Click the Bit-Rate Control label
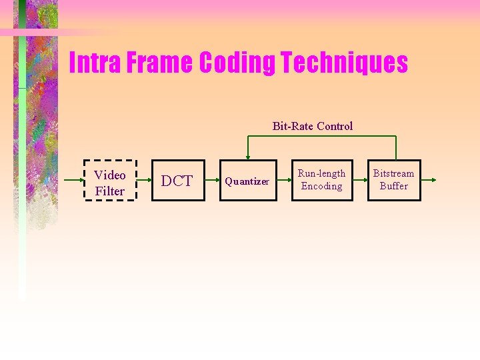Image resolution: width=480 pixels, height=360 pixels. [313, 126]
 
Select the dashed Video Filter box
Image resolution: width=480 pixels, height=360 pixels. [110, 180]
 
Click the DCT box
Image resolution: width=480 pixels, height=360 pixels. [177, 181]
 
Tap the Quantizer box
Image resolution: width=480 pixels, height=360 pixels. [247, 181]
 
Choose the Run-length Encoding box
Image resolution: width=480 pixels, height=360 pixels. [321, 180]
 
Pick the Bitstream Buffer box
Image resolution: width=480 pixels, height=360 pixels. [393, 180]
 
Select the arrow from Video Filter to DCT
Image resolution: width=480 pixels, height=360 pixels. [144, 181]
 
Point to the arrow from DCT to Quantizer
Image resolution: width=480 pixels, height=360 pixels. [212, 181]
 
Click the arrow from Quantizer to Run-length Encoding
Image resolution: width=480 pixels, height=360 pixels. [284, 181]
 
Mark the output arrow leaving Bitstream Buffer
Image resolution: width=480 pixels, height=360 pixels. [429, 181]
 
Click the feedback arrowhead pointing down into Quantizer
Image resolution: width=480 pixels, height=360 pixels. [248, 157]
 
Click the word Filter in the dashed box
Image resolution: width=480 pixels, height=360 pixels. [110, 191]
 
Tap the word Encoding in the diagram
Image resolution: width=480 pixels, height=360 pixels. [321, 186]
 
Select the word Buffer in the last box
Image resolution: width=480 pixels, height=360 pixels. [393, 186]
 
